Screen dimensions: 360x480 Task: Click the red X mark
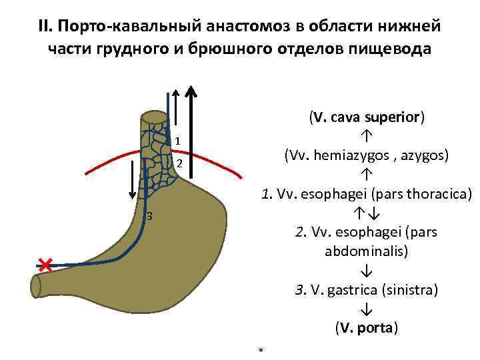coord(45,265)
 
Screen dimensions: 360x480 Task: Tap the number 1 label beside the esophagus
coord(178,141)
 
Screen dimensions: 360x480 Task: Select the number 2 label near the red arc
coord(178,164)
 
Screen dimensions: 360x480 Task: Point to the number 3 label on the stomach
coord(149,216)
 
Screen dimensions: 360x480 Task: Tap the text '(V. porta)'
coord(367,329)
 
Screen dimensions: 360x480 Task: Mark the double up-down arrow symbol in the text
coord(367,214)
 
